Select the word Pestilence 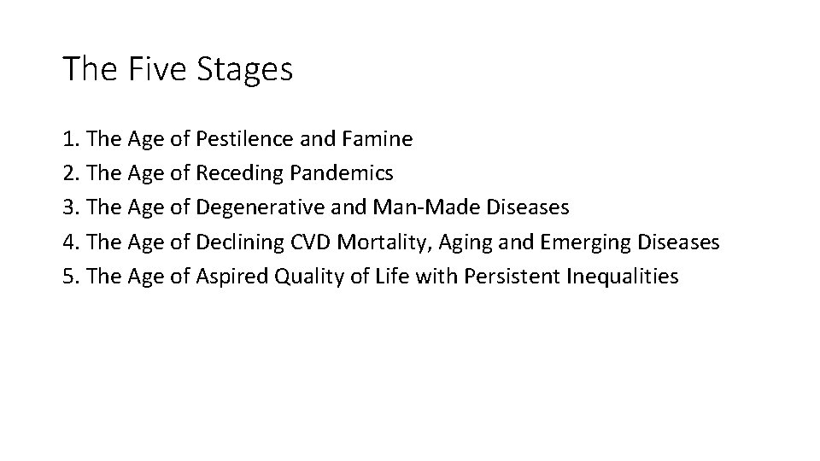point(243,138)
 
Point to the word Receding point(240,173)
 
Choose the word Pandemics point(342,173)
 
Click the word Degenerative point(257,207)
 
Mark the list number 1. point(68,138)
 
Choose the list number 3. point(68,207)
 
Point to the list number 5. point(68,277)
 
